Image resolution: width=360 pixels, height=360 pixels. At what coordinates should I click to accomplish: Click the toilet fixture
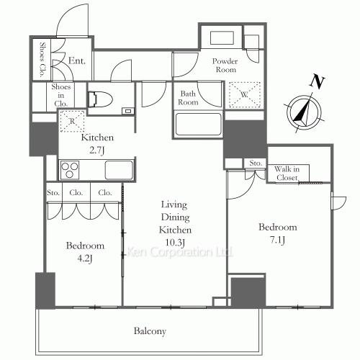[100, 99]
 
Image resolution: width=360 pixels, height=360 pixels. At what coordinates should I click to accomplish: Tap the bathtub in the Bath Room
[198, 125]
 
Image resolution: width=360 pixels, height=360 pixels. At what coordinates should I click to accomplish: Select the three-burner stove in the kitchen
[70, 170]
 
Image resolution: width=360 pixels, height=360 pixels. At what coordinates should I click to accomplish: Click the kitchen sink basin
[119, 170]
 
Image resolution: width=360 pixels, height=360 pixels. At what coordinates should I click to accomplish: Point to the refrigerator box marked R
[72, 121]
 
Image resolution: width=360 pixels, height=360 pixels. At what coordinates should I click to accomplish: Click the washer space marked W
[245, 94]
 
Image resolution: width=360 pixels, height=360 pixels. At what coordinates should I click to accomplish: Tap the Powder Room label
[225, 66]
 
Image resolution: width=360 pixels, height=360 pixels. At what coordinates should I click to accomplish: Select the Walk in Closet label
[287, 174]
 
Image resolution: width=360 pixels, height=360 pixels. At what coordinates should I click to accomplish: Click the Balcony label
[150, 331]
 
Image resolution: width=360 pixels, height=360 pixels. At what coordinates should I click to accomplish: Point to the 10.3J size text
[175, 243]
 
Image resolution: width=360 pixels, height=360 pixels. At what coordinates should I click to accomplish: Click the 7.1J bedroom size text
[278, 240]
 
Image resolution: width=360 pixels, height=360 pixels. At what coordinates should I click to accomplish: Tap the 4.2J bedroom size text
[85, 258]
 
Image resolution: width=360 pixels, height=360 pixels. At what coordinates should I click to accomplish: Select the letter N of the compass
[318, 81]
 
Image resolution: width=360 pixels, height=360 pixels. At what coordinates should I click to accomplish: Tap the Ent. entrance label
[77, 60]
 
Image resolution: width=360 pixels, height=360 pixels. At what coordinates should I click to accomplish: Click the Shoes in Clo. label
[61, 95]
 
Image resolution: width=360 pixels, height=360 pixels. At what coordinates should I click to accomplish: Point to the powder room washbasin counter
[222, 37]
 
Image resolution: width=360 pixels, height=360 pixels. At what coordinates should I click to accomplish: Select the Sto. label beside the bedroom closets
[53, 193]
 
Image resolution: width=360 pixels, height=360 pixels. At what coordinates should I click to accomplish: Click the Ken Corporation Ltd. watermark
[179, 252]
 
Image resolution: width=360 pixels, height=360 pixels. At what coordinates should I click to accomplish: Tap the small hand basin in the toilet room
[127, 111]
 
